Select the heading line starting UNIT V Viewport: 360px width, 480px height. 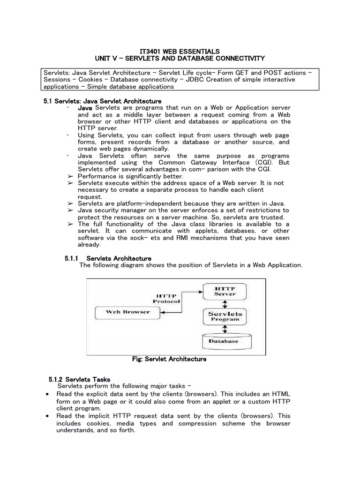click(x=180, y=58)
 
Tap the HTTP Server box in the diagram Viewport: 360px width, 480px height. click(x=225, y=291)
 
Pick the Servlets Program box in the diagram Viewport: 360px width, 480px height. click(x=225, y=316)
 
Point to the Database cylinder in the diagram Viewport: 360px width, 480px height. click(x=223, y=341)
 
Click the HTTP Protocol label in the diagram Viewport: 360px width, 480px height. click(x=167, y=299)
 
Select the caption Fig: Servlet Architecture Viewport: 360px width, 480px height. click(x=170, y=360)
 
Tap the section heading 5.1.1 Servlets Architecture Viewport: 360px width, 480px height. click(x=108, y=258)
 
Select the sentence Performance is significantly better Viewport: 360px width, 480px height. click(x=127, y=176)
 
